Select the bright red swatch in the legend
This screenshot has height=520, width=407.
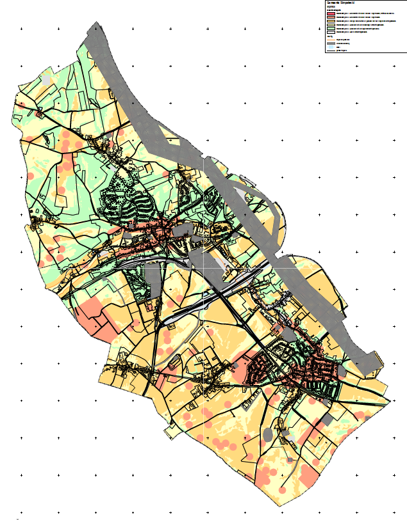click(330, 13)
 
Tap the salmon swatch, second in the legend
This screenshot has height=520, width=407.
click(330, 17)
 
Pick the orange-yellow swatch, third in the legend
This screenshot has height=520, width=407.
click(330, 20)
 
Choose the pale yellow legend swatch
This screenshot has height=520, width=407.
click(330, 24)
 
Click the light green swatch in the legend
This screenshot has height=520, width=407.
click(330, 28)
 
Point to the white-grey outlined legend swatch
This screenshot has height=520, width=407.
click(330, 32)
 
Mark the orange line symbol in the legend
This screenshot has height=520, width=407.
click(330, 39)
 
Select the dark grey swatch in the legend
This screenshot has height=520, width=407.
click(330, 43)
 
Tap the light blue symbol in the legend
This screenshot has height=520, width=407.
click(330, 47)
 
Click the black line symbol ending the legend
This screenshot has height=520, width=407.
click(330, 50)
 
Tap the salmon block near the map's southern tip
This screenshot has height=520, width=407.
click(309, 475)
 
